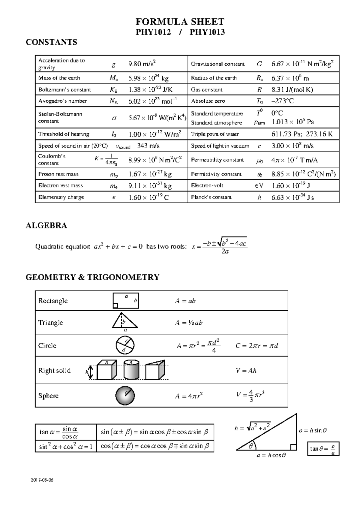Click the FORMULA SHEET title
pos(180,22)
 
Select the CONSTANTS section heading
pos(51,42)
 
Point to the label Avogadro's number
pos(62,101)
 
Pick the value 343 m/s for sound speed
pos(148,146)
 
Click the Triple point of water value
pos(302,134)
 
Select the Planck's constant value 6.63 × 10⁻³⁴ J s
pos(292,197)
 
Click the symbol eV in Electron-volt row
pos(259,185)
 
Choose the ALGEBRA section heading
pos(46,226)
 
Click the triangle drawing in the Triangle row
pos(125,321)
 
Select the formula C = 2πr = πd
pos(256,346)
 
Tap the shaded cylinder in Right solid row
pos(131,370)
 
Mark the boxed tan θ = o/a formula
pos(323,449)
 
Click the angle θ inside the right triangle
pos(250,446)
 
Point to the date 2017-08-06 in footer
pos(42,480)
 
